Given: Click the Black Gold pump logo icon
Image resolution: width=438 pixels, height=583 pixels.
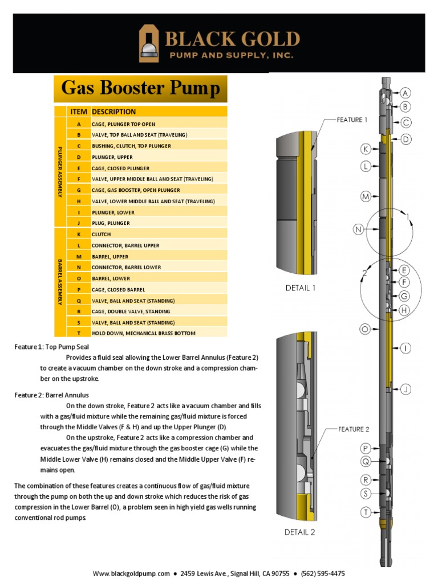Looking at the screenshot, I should click(x=149, y=43).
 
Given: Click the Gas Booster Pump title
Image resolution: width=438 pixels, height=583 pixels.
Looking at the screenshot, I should click(x=140, y=89).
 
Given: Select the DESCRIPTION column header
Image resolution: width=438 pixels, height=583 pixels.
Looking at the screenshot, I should click(x=113, y=112).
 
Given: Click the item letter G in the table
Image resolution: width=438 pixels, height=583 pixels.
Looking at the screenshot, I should click(x=78, y=190).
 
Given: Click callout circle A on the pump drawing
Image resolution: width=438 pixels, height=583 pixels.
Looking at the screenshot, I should click(x=405, y=93).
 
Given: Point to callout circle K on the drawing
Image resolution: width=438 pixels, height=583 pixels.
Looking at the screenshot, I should click(x=365, y=149).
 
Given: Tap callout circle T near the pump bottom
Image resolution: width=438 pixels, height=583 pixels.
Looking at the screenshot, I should click(x=365, y=512).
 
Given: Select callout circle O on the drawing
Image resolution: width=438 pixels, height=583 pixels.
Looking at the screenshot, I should click(x=365, y=329).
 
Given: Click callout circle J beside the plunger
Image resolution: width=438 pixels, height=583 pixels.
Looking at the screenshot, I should click(x=405, y=389).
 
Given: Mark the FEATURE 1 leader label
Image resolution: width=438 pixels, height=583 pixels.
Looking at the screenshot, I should click(x=352, y=120).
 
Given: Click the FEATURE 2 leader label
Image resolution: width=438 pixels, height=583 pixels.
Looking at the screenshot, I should click(x=354, y=429).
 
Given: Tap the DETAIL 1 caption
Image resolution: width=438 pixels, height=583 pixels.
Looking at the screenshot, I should click(x=301, y=288).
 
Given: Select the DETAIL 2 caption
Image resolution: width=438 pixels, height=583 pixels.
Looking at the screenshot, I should click(x=300, y=533).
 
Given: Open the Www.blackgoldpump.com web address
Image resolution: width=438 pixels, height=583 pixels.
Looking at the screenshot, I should click(x=132, y=573).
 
